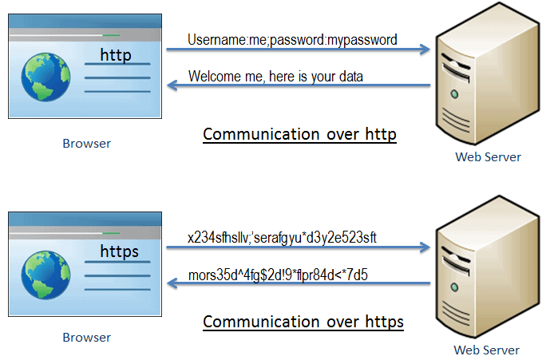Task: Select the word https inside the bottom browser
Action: [119, 251]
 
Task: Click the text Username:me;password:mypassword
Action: [292, 39]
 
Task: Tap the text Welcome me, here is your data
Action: [275, 77]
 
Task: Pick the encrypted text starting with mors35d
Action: [277, 275]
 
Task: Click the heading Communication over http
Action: [299, 134]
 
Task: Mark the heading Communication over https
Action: [303, 322]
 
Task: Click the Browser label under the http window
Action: [86, 144]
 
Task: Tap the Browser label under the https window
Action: [86, 338]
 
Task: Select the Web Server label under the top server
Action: [488, 157]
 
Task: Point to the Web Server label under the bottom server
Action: [487, 350]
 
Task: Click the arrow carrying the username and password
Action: [299, 50]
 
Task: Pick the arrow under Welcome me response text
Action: [299, 86]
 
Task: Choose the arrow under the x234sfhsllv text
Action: [299, 248]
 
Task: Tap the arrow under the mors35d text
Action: [299, 284]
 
